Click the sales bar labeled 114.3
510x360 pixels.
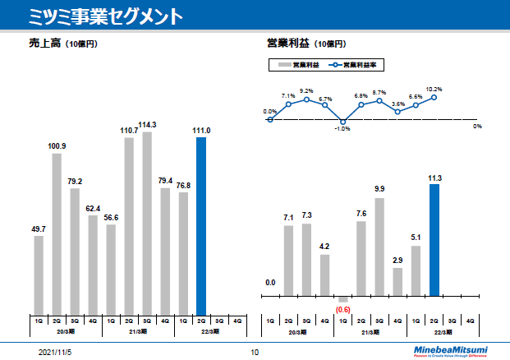[147, 222]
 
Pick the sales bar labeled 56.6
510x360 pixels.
[111, 268]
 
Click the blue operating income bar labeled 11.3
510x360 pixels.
[434, 239]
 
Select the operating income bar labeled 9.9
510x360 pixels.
[379, 247]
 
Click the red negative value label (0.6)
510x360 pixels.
[343, 309]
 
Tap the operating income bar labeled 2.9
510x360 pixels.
[397, 281]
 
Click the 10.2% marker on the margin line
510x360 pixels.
[434, 97]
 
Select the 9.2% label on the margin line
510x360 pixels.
[306, 91]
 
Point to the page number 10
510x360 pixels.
[255, 352]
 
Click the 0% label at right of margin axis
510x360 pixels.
[477, 126]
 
